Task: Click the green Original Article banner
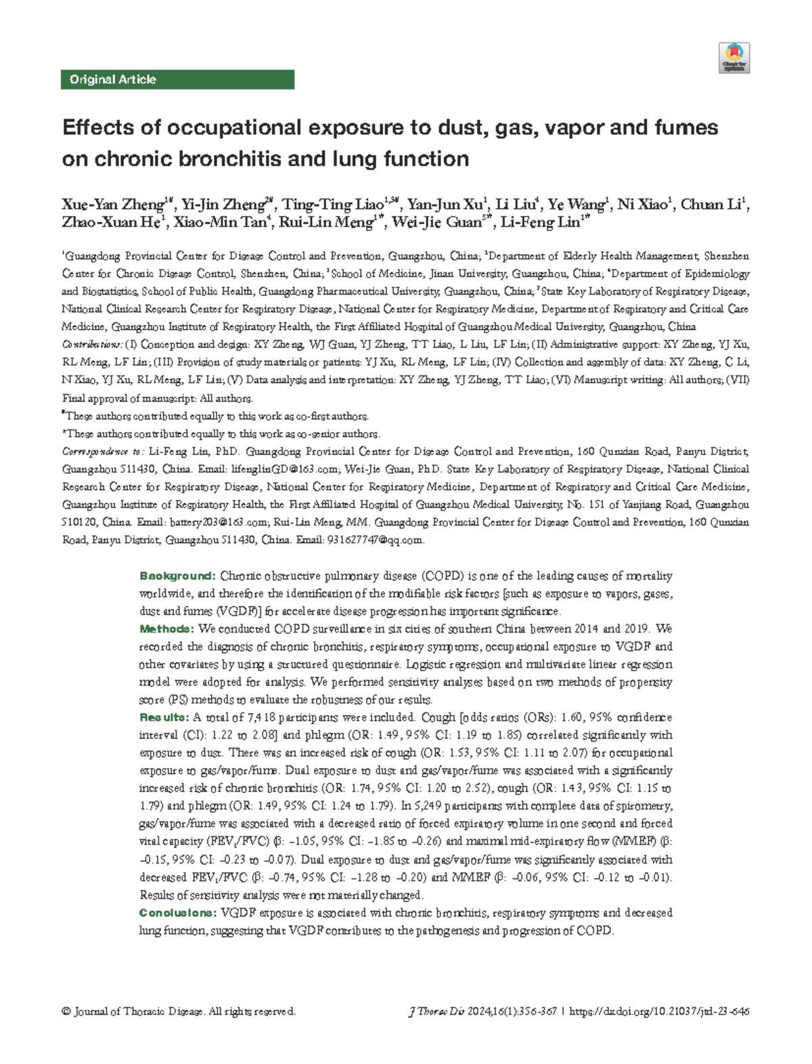[x=177, y=79]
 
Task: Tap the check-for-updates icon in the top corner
[x=734, y=58]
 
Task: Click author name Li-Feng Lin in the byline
[x=543, y=222]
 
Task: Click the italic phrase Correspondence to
[x=102, y=452]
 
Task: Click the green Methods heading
[x=166, y=629]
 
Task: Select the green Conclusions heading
[x=178, y=912]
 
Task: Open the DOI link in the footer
[x=659, y=1011]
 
